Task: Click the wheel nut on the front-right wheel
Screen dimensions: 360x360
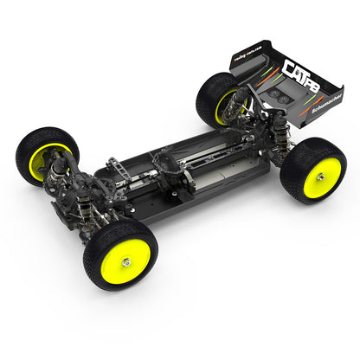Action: pyautogui.click(x=126, y=261)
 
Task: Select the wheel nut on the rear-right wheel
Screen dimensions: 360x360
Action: pyautogui.click(x=319, y=177)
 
